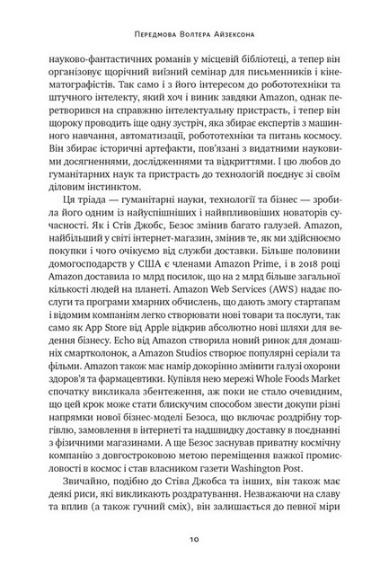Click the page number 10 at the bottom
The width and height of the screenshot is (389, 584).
coord(194,541)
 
